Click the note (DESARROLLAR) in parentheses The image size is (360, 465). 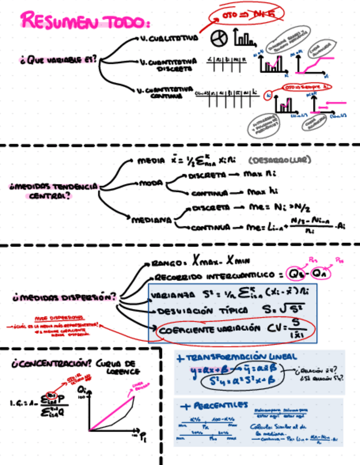click(279, 161)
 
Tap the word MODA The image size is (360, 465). click(148, 183)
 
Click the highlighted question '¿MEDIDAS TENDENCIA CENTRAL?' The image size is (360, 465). click(53, 191)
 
